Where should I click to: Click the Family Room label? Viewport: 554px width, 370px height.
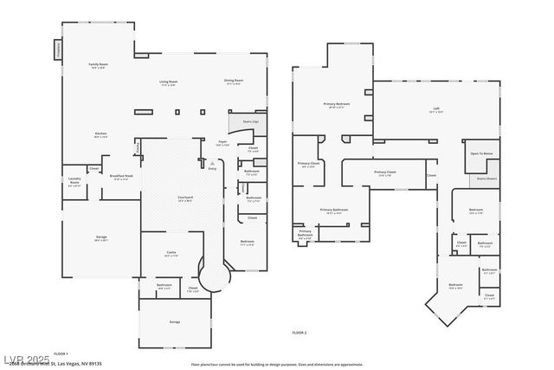pyautogui.click(x=98, y=65)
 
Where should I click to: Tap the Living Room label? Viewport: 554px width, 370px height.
pyautogui.click(x=167, y=83)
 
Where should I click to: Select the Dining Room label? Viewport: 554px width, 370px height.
pyautogui.click(x=234, y=83)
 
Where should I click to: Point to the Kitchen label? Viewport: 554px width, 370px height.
pyautogui.click(x=101, y=134)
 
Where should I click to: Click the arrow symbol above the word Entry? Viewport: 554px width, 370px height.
pyautogui.click(x=212, y=163)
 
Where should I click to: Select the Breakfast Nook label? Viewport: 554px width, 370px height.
pyautogui.click(x=121, y=177)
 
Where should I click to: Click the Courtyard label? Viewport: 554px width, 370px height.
pyautogui.click(x=185, y=198)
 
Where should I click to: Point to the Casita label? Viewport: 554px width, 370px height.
pyautogui.click(x=171, y=253)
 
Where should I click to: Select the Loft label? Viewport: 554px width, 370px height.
pyautogui.click(x=436, y=109)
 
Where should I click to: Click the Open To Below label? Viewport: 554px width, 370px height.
pyautogui.click(x=481, y=153)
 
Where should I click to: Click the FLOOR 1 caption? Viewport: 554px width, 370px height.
pyautogui.click(x=61, y=354)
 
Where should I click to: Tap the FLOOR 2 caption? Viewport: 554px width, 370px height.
pyautogui.click(x=300, y=333)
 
